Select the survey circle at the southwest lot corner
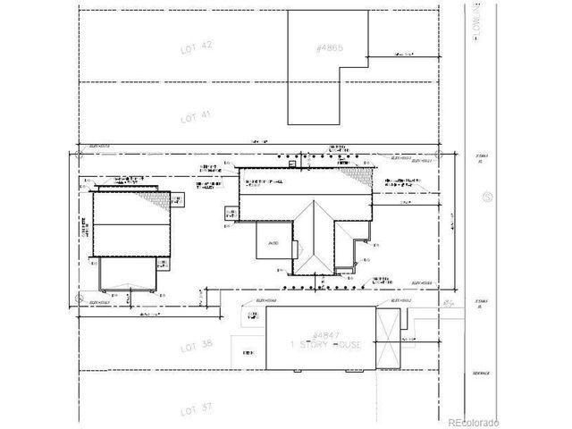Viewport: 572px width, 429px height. point(76,294)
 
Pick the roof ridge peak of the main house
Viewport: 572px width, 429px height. point(315,205)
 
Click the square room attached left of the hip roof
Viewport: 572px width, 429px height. point(271,241)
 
